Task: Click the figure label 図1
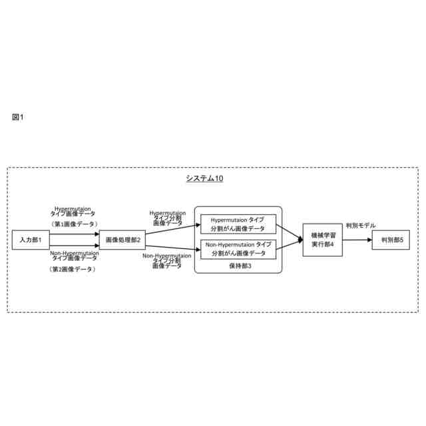click(x=18, y=117)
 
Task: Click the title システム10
click(x=204, y=178)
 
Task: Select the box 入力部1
click(x=31, y=240)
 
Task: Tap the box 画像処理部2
click(x=123, y=240)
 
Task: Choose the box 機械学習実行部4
click(x=322, y=240)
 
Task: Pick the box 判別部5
click(x=391, y=240)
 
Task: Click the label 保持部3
click(x=239, y=265)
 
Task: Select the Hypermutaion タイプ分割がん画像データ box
click(x=238, y=224)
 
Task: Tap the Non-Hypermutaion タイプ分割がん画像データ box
click(x=238, y=249)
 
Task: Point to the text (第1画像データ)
click(x=74, y=224)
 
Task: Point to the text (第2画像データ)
click(x=74, y=270)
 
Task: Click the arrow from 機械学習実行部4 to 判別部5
click(x=357, y=240)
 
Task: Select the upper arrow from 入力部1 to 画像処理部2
click(x=75, y=234)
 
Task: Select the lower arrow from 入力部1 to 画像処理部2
click(x=75, y=244)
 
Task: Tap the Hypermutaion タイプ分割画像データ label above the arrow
click(x=166, y=218)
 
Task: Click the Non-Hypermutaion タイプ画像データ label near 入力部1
click(x=74, y=256)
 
